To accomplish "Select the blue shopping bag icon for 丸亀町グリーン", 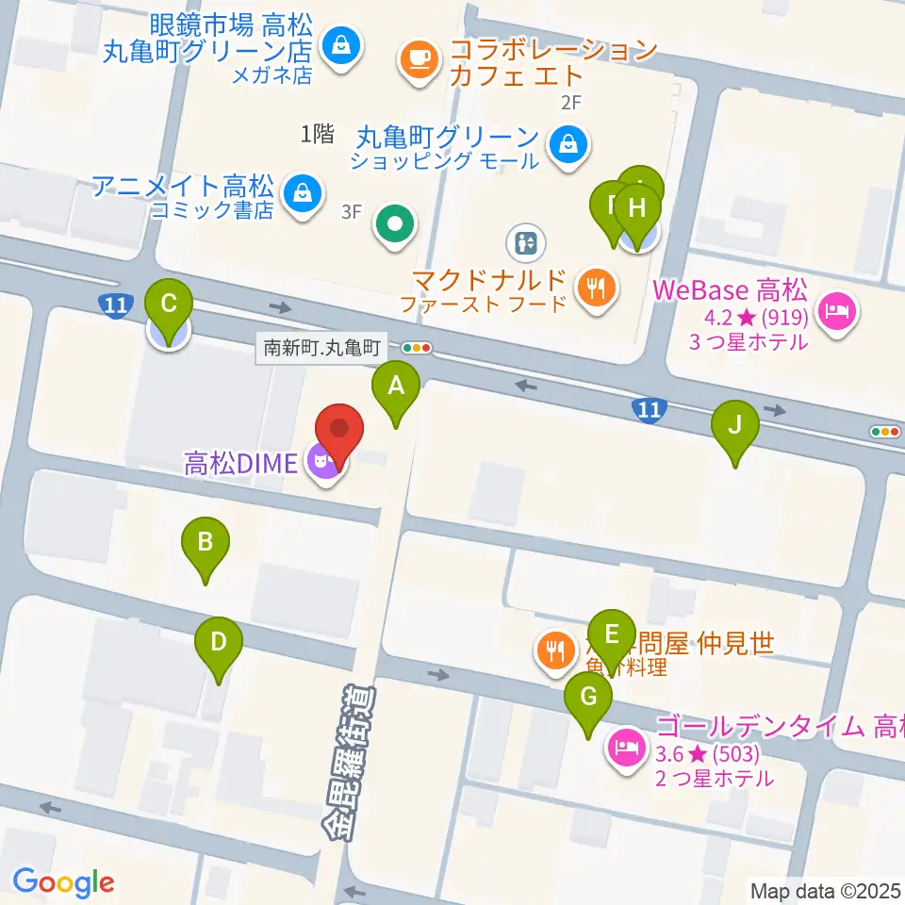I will coord(569,145).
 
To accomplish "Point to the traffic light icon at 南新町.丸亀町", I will coord(416,348).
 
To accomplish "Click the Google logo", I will coord(63,883).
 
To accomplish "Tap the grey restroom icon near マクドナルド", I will coord(526,242).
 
